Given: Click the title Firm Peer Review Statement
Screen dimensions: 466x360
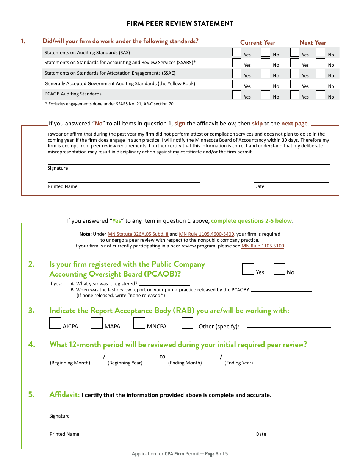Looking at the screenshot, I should pyautogui.click(x=180, y=23).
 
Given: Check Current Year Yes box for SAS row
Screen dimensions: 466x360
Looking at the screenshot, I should pyautogui.click(x=237, y=52).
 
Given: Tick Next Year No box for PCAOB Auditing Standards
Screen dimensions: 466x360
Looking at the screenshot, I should pyautogui.click(x=321, y=94).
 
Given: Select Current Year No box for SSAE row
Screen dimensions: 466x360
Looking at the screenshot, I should pyautogui.click(x=266, y=73).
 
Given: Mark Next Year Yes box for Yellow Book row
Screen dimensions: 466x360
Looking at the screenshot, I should pyautogui.click(x=295, y=84).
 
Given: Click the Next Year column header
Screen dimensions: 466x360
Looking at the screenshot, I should pyautogui.click(x=313, y=42).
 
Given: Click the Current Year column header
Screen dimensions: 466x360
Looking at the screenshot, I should pyautogui.click(x=258, y=42).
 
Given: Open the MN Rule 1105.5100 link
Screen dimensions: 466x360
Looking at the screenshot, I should pyautogui.click(x=263, y=246).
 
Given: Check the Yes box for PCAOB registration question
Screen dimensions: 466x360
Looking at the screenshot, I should pyautogui.click(x=248, y=269).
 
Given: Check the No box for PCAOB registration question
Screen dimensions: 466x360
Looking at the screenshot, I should pyautogui.click(x=279, y=269).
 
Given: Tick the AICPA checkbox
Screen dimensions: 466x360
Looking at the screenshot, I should pyautogui.click(x=55, y=323).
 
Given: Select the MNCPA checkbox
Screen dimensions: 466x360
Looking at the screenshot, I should pyautogui.click(x=139, y=323).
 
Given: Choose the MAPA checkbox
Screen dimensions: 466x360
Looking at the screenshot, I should pyautogui.click(x=97, y=323).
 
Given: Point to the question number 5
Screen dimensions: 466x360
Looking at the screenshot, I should pyautogui.click(x=31, y=394).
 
